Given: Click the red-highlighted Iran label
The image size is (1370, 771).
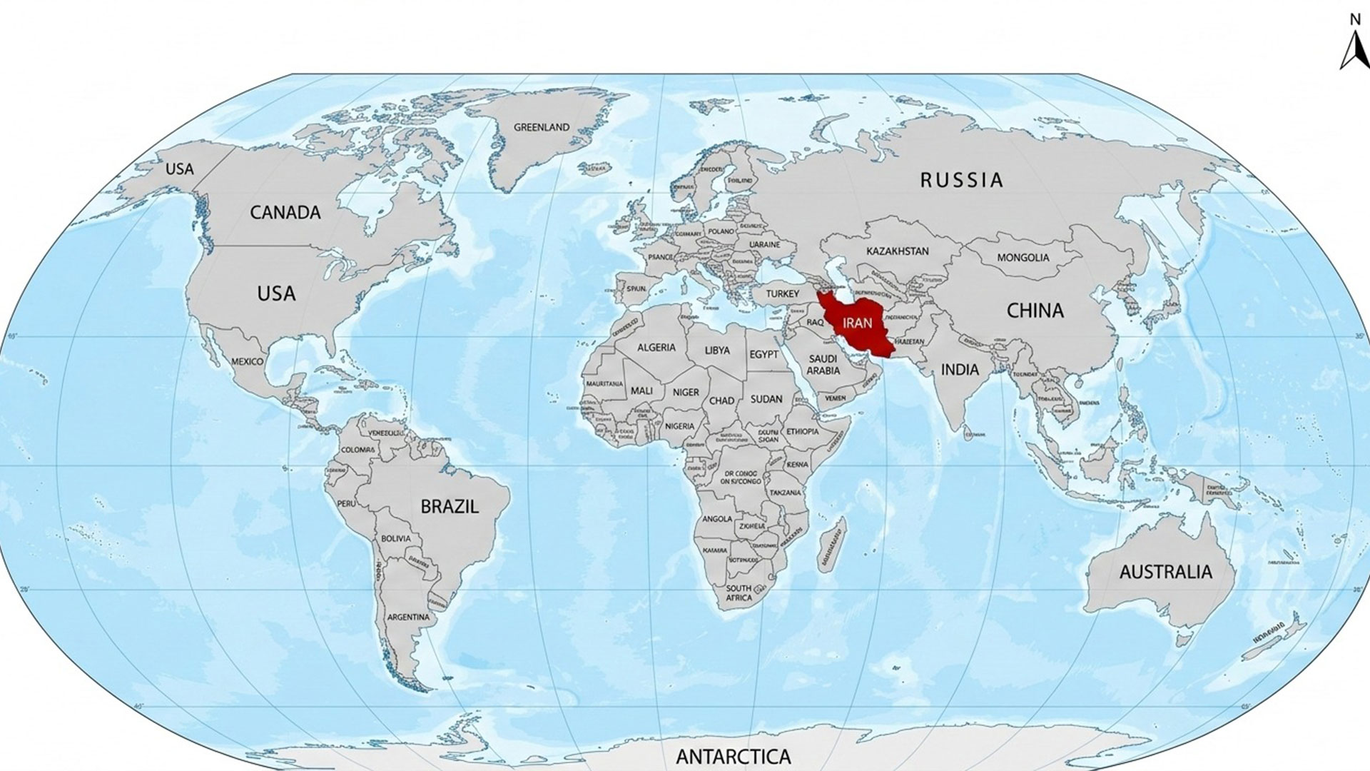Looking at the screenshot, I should click(x=857, y=323).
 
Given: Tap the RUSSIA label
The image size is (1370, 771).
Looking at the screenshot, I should click(x=961, y=180).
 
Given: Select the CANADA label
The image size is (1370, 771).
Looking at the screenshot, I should click(x=285, y=213).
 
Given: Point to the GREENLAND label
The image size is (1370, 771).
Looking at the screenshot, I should click(x=542, y=128).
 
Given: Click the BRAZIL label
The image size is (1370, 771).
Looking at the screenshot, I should click(x=449, y=507).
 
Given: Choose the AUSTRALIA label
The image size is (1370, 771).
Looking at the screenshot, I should click(x=1165, y=572).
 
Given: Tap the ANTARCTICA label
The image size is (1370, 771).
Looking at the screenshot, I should click(x=733, y=756).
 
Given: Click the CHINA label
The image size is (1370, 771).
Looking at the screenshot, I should click(x=1035, y=311).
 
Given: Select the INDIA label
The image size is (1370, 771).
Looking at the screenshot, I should click(x=960, y=370).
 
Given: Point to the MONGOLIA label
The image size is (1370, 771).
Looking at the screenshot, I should click(x=1023, y=258).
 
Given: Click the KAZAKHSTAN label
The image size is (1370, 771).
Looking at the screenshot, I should click(x=897, y=251).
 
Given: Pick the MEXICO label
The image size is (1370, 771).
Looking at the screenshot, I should click(x=247, y=362).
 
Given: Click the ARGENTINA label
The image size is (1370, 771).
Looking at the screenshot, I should click(x=408, y=617).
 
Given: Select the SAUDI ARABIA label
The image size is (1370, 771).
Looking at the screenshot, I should click(x=823, y=365).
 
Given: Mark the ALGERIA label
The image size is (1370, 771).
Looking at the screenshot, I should click(x=656, y=348).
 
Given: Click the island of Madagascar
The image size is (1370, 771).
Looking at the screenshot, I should click(x=832, y=545).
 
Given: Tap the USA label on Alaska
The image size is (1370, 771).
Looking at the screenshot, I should click(x=179, y=169).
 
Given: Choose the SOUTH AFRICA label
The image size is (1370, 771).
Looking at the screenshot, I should click(x=739, y=593).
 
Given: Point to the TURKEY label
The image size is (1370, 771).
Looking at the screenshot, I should click(x=783, y=294).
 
